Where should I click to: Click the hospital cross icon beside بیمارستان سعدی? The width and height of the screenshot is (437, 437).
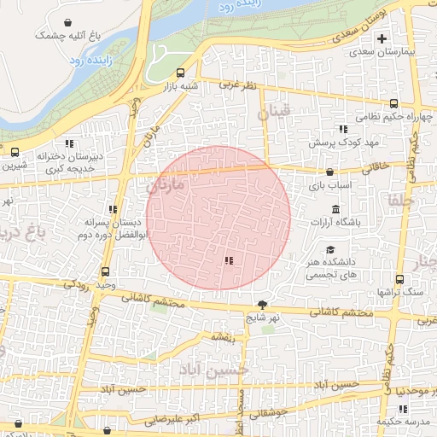coord(382,38)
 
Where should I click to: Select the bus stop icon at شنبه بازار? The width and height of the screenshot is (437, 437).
coord(180,73)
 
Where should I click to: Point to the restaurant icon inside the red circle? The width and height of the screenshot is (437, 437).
coord(228,260)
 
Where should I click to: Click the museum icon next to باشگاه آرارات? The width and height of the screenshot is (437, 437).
coord(335,210)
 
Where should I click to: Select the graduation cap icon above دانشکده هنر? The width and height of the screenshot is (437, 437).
coord(329,252)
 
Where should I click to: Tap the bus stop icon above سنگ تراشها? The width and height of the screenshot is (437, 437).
coord(399,279)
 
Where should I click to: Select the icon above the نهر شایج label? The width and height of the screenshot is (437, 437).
coord(261,305)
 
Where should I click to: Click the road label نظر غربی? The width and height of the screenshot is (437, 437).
coord(237,84)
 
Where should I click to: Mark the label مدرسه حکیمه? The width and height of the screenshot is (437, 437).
coord(400,422)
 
